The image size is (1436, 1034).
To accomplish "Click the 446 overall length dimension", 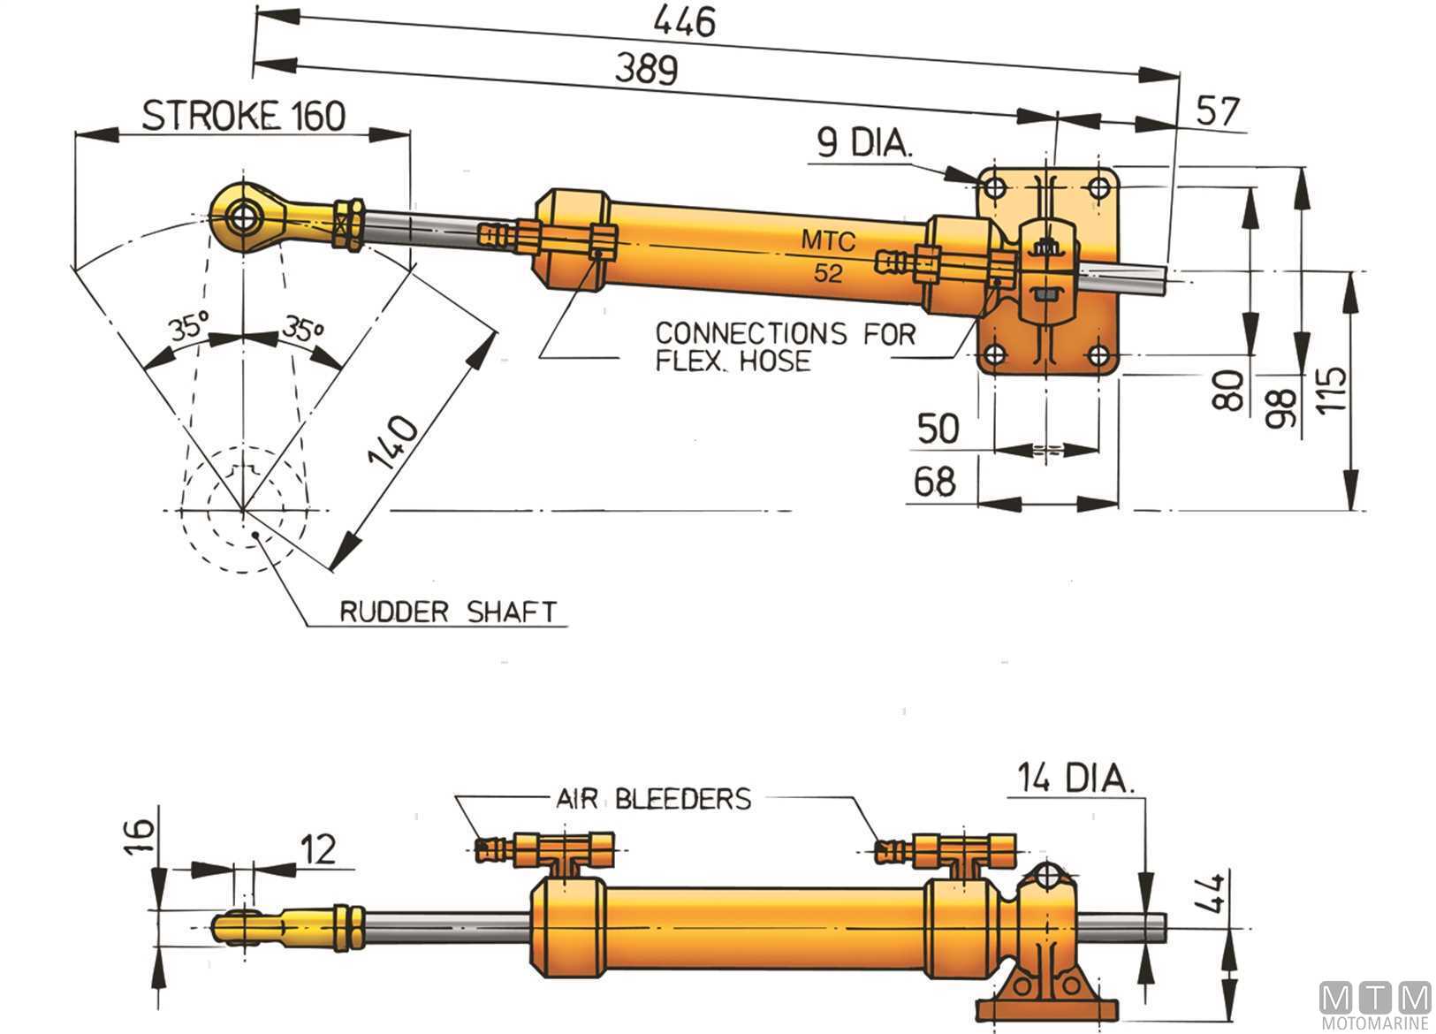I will pyautogui.click(x=687, y=21).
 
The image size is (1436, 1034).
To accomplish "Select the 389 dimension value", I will pyautogui.click(x=646, y=69).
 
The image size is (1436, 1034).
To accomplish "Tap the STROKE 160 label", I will pyautogui.click(x=244, y=116).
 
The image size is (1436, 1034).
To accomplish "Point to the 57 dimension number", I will pyautogui.click(x=1217, y=112).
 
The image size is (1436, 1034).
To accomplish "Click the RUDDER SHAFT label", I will pyautogui.click(x=448, y=612).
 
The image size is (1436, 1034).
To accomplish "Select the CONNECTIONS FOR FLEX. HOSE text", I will pyautogui.click(x=784, y=346).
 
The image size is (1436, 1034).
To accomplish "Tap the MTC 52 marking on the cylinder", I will pyautogui.click(x=828, y=255).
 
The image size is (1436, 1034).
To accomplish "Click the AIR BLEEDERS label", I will pyautogui.click(x=653, y=799).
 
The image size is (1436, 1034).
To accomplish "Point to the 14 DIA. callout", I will pyautogui.click(x=1073, y=779).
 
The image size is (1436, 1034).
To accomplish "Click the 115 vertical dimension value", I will pyautogui.click(x=1333, y=389).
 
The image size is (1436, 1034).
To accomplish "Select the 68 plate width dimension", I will pyautogui.click(x=935, y=482).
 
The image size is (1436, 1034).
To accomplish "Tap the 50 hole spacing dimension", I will pyautogui.click(x=938, y=428).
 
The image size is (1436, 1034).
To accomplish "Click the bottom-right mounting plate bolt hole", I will pyautogui.click(x=1098, y=355).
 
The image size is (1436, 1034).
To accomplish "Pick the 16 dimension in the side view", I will pyautogui.click(x=142, y=833).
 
